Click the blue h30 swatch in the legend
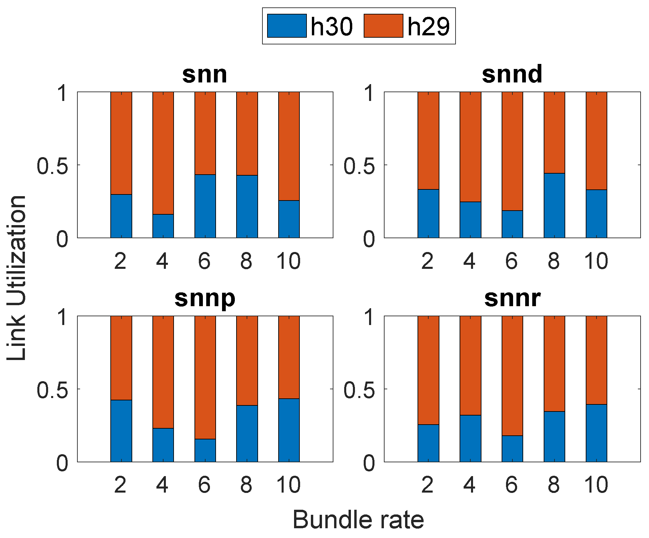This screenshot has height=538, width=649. click(287, 26)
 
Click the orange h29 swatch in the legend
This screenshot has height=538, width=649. click(383, 26)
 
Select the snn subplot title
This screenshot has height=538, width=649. click(205, 74)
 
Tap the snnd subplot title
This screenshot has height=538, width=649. click(512, 74)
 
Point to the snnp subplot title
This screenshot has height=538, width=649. click(205, 298)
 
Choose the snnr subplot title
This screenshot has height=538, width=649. click(512, 298)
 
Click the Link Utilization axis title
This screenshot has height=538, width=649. click(16, 278)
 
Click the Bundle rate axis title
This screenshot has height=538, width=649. click(358, 520)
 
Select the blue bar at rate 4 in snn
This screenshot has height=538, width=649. click(163, 226)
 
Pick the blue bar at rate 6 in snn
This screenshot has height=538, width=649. click(205, 206)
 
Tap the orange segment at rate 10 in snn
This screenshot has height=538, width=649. click(289, 146)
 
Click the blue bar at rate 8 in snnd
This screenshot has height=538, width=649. click(554, 205)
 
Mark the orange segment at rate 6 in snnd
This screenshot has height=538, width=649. click(512, 151)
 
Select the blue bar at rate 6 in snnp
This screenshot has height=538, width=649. click(205, 450)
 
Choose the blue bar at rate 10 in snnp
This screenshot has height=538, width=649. click(289, 430)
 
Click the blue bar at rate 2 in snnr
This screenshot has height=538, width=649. click(428, 443)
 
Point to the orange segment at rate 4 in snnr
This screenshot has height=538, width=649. click(470, 365)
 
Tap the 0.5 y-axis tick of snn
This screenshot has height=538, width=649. click(52, 166)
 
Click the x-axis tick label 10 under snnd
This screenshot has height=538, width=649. click(596, 261)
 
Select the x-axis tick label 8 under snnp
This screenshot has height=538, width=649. click(247, 485)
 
